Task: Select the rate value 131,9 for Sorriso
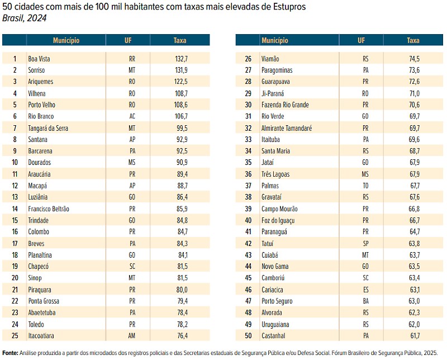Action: [181, 70]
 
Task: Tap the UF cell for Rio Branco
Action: [132, 116]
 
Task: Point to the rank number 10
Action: [15, 162]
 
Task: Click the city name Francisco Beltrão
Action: [49, 209]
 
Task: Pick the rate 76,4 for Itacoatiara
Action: [181, 335]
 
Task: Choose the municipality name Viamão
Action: [270, 58]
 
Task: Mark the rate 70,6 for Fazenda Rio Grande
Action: [414, 105]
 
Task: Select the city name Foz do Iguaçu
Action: [278, 220]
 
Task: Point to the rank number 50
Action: [249, 335]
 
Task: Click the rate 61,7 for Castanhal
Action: [414, 335]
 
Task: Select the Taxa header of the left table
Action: [180, 40]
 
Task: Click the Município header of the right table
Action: [275, 40]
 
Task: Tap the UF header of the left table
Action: [129, 40]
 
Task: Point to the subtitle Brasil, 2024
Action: [25, 18]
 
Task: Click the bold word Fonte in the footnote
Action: [10, 353]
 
